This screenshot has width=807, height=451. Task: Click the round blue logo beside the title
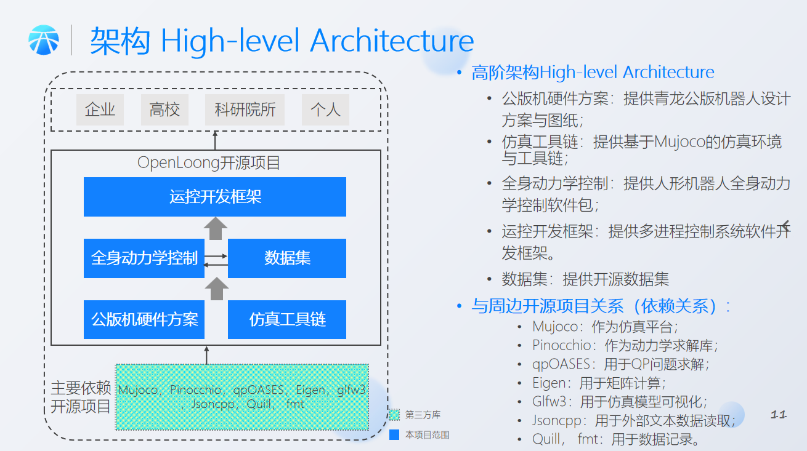click(x=44, y=40)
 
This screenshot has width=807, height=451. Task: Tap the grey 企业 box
click(x=100, y=110)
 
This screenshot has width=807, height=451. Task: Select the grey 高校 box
click(x=164, y=110)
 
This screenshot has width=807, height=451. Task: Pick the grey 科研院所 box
click(x=245, y=110)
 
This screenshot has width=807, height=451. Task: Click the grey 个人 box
click(x=325, y=110)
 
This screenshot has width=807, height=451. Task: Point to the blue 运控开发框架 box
click(x=215, y=196)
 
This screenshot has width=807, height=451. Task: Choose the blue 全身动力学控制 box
click(x=144, y=258)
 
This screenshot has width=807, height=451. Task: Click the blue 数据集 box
click(x=287, y=258)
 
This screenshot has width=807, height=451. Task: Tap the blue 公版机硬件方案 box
click(x=144, y=319)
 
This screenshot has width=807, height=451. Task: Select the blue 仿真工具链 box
click(x=287, y=319)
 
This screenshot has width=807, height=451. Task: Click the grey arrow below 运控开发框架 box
click(x=216, y=228)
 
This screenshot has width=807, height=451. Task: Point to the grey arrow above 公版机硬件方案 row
click(x=216, y=289)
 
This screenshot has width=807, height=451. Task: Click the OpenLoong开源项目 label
click(x=209, y=162)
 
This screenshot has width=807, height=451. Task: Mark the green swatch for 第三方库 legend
click(x=394, y=415)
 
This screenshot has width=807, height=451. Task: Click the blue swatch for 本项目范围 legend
click(x=394, y=434)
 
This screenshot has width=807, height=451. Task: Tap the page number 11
click(x=779, y=415)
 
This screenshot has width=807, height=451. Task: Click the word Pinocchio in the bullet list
click(x=561, y=345)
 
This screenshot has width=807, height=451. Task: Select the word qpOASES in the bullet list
click(x=561, y=364)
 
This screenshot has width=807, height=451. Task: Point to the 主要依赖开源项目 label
click(x=81, y=397)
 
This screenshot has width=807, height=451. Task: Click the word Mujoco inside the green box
click(x=137, y=389)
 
